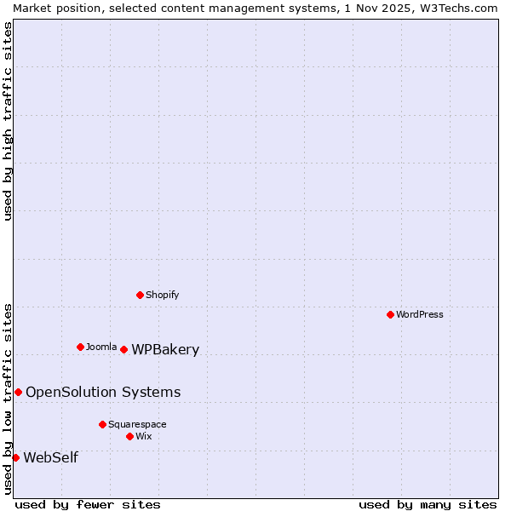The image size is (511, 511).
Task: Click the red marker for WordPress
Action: pyautogui.click(x=390, y=314)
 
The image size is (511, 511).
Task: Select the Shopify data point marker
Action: pyautogui.click(x=140, y=295)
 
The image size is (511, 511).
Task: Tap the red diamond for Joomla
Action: pyautogui.click(x=80, y=347)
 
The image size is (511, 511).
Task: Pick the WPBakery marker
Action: pyautogui.click(x=123, y=349)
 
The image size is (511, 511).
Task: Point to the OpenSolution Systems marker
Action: pyautogui.click(x=18, y=392)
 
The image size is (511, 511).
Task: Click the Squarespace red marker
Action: pyautogui.click(x=102, y=424)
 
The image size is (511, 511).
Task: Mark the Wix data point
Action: pyautogui.click(x=129, y=436)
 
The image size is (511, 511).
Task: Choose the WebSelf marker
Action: pyautogui.click(x=15, y=457)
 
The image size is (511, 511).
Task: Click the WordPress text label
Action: pyautogui.click(x=420, y=314)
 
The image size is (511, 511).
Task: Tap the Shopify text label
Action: pyautogui.click(x=163, y=295)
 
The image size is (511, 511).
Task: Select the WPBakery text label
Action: pyautogui.click(x=165, y=349)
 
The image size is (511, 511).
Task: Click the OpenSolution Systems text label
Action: pyautogui.click(x=103, y=392)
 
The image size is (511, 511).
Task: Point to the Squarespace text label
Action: pyautogui.click(x=137, y=424)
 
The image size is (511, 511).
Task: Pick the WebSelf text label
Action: pyautogui.click(x=50, y=457)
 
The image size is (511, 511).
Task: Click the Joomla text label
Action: pyautogui.click(x=101, y=347)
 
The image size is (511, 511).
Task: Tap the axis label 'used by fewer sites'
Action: pyautogui.click(x=88, y=504)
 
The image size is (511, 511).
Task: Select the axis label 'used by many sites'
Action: pyautogui.click(x=428, y=504)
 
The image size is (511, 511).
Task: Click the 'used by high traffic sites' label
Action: pyautogui.click(x=8, y=121)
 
